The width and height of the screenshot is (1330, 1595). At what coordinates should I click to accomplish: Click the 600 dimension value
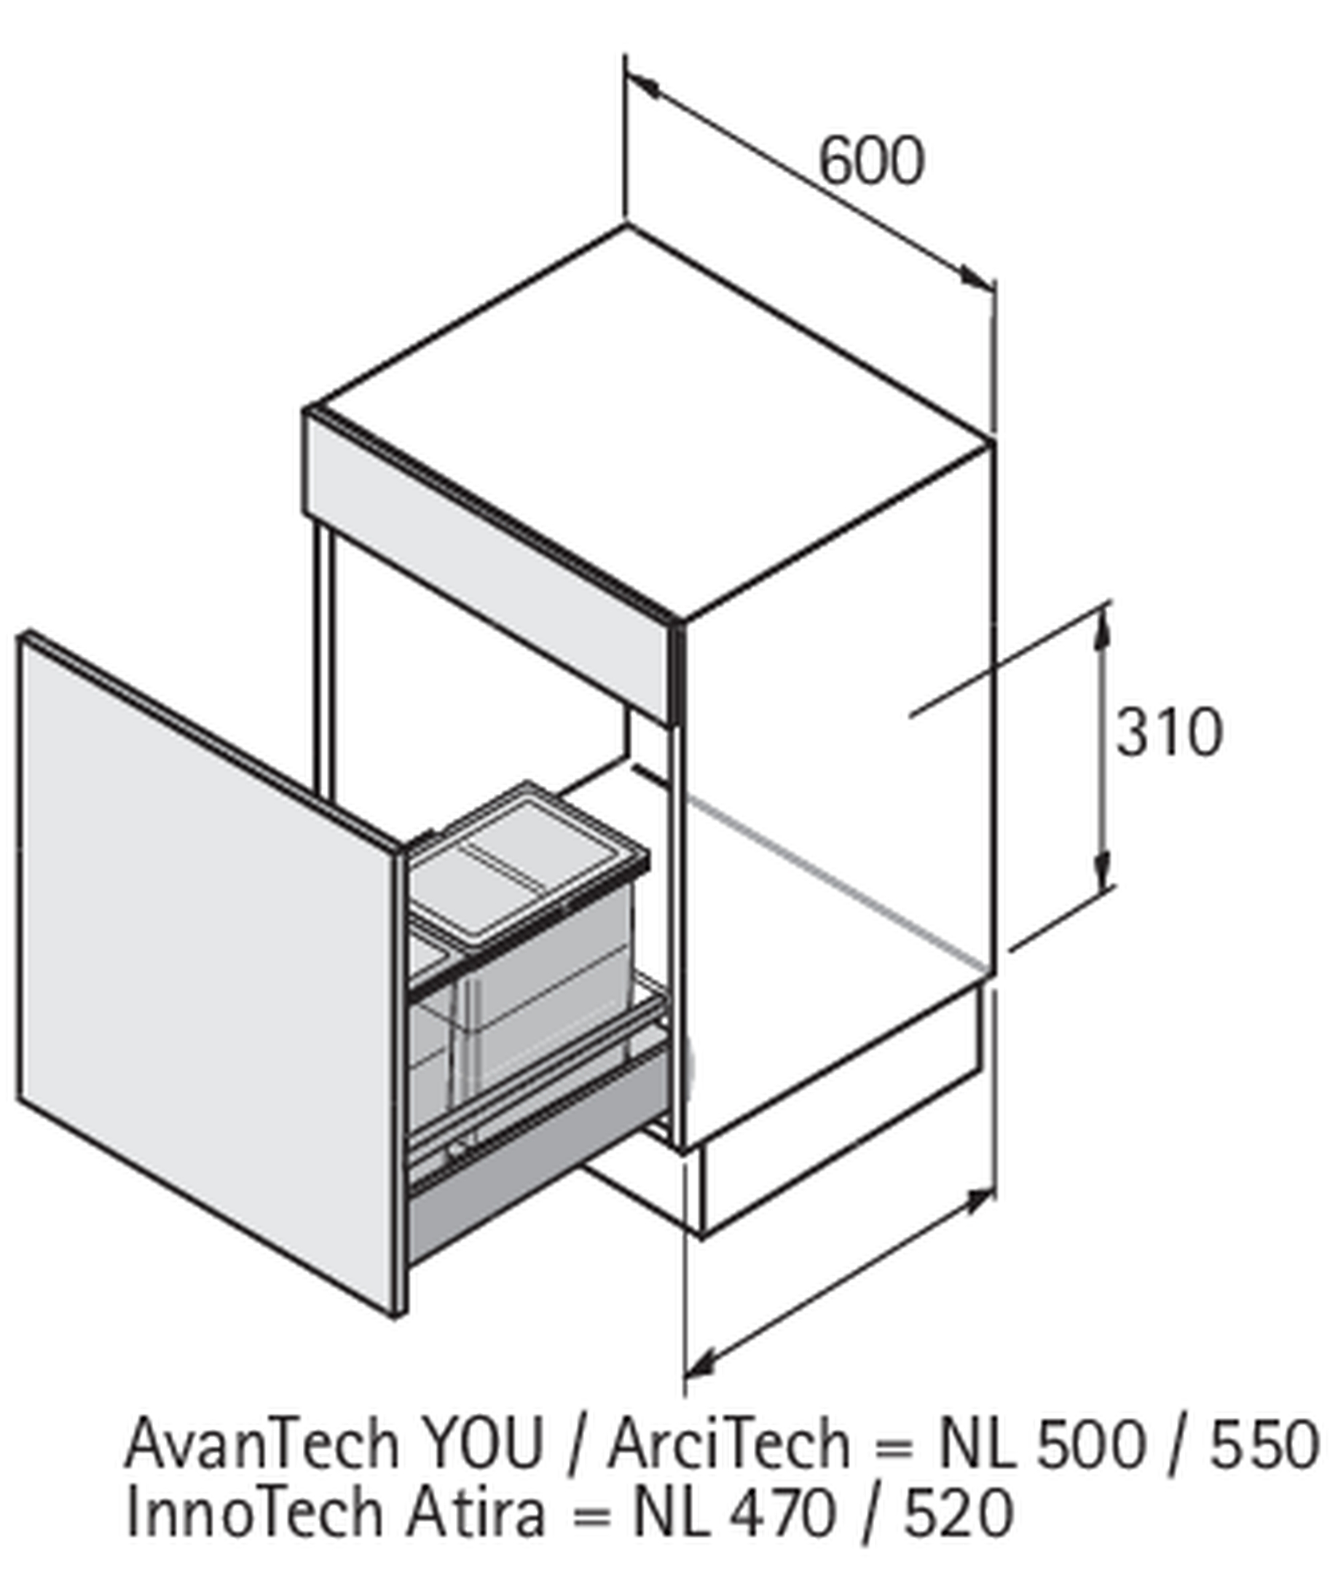point(871,161)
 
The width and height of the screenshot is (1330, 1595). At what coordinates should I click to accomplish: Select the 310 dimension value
point(1169,732)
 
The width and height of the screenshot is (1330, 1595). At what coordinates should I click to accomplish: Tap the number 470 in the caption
point(782,1513)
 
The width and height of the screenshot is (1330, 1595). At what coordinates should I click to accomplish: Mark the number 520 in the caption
point(959,1513)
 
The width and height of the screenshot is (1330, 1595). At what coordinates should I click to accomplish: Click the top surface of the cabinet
point(650,422)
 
